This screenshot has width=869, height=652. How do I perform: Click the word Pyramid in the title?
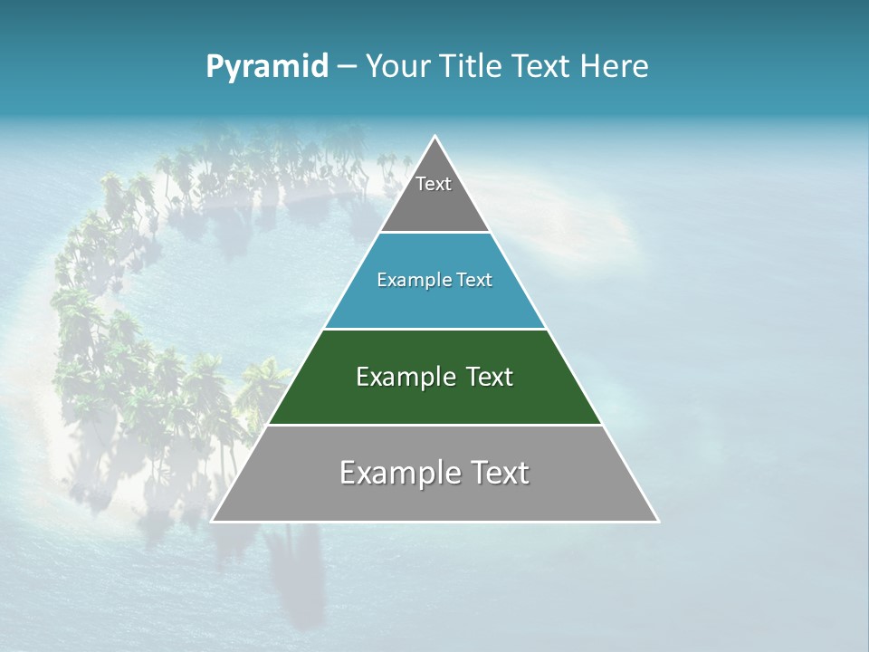[266, 67]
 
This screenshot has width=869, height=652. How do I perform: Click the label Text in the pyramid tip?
[434, 184]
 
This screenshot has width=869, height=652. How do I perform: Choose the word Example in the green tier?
[404, 377]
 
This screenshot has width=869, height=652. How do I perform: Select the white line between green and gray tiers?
[434, 425]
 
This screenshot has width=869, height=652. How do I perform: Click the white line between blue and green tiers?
[434, 329]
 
